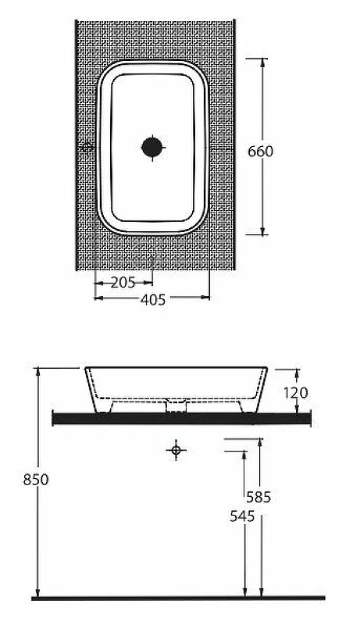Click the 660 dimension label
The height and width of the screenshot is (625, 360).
pyautogui.click(x=260, y=151)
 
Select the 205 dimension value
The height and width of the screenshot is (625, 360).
pyautogui.click(x=123, y=282)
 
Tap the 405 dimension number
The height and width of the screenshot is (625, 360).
pyautogui.click(x=152, y=298)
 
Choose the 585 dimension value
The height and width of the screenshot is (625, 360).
pyautogui.click(x=258, y=497)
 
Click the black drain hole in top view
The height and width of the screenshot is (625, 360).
pyautogui.click(x=152, y=146)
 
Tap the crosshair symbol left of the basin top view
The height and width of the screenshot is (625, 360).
pyautogui.click(x=87, y=147)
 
